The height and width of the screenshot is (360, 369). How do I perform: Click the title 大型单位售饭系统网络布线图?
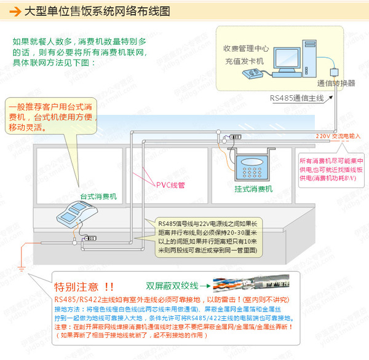(x=99, y=12)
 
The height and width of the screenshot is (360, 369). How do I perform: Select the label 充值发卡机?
(x=244, y=61)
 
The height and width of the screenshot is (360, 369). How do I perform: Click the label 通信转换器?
(x=336, y=83)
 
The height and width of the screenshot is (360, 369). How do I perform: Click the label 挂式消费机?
(x=253, y=189)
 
